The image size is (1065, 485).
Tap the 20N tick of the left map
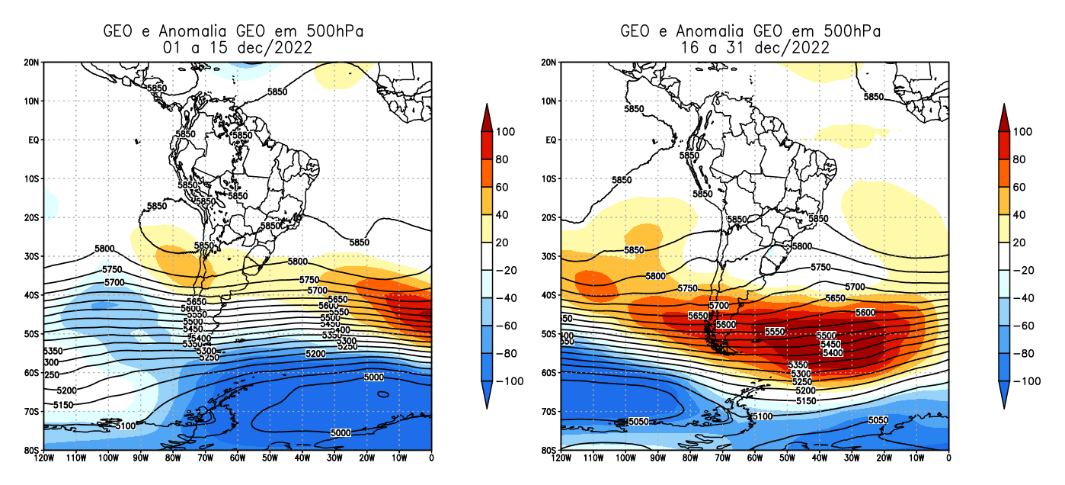click(32, 62)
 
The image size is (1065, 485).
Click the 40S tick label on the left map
click(32, 295)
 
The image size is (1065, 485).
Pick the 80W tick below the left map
click(172, 458)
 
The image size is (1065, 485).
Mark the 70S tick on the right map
click(550, 411)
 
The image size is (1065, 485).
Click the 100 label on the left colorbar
click(506, 131)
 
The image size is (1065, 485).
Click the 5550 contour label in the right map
click(775, 332)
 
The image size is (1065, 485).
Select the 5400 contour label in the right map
click(832, 352)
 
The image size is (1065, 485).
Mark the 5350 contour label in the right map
click(798, 365)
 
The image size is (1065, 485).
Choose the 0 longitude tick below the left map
click(431, 458)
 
